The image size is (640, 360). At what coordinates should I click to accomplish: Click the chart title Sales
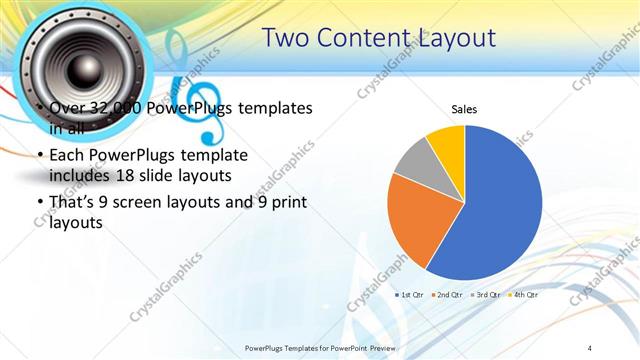click(464, 108)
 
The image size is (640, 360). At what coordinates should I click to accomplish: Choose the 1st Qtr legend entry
click(411, 296)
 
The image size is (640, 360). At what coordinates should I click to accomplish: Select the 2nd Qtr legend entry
click(448, 296)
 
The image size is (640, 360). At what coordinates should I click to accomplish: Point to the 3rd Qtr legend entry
click(486, 296)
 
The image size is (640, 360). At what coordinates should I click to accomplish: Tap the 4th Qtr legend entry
click(524, 296)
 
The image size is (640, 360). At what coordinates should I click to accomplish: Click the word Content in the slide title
click(359, 38)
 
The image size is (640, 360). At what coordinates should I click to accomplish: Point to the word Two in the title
click(287, 38)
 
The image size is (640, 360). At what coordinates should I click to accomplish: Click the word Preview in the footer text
click(383, 347)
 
